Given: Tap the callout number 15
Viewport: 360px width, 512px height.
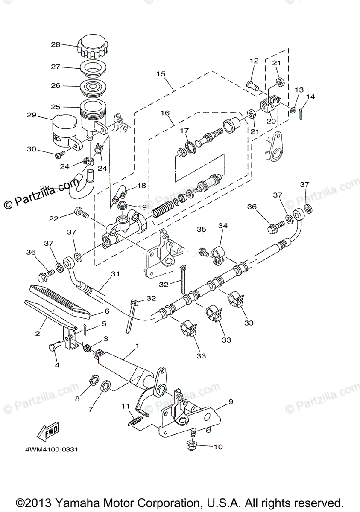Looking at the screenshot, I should click(161, 73).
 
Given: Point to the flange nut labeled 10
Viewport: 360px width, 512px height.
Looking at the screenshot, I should click(191, 446).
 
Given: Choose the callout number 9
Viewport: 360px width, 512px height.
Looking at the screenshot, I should click(231, 401).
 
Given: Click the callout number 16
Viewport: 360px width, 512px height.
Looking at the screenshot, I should click(165, 113).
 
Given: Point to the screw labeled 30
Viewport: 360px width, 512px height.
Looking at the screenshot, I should click(59, 154).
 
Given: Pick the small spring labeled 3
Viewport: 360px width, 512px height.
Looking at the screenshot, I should click(87, 348).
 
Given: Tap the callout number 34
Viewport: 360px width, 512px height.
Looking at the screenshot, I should click(223, 225).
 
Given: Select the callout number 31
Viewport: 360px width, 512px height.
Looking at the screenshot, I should click(114, 274).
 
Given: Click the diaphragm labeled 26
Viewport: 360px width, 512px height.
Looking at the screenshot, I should click(92, 87).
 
